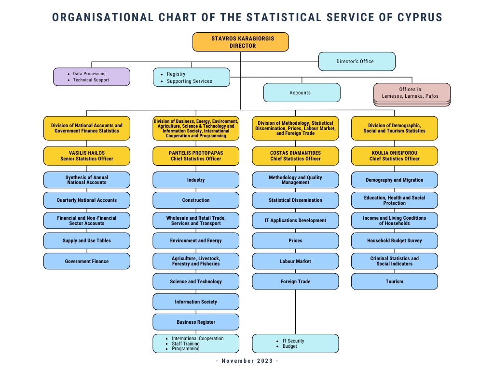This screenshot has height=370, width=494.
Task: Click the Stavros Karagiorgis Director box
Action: tap(241, 42)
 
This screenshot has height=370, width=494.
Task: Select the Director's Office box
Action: tap(357, 61)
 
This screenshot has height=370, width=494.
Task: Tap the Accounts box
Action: tap(302, 92)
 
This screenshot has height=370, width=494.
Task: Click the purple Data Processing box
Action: tap(92, 77)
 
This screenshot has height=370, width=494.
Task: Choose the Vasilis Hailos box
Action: tap(87, 156)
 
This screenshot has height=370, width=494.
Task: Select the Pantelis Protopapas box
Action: tap(196, 156)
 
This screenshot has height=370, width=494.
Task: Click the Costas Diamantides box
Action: tap(296, 156)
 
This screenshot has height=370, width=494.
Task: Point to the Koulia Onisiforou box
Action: tap(395, 156)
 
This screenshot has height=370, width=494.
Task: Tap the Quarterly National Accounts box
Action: tap(87, 200)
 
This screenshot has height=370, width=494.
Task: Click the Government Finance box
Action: tap(87, 261)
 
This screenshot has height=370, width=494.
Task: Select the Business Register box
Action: tap(196, 322)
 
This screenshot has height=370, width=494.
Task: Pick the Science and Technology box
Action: tap(196, 281)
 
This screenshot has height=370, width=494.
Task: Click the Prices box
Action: tap(296, 241)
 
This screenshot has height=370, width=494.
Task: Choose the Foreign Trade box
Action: tap(296, 281)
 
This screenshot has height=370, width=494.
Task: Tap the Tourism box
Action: tap(395, 281)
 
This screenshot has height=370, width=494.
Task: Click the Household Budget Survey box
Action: tap(395, 241)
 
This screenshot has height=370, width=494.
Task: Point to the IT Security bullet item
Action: tap(290, 341)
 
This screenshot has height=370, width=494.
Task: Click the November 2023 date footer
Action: tap(247, 361)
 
